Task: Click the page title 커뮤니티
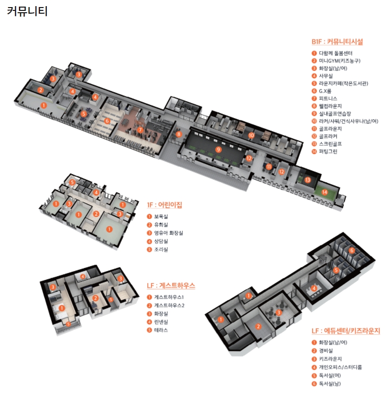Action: tap(27, 11)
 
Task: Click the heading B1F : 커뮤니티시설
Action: tap(337, 42)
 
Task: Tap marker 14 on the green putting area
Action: tap(324, 192)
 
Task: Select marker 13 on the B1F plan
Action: tap(307, 180)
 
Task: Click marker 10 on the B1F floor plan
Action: tap(251, 135)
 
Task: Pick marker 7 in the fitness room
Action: tap(140, 129)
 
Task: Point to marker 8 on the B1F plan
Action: tap(178, 134)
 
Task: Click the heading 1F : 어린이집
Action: tap(164, 205)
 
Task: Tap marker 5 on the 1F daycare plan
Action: tap(72, 182)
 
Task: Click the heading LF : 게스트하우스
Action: tap(171, 286)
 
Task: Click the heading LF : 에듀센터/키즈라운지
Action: tap(346, 331)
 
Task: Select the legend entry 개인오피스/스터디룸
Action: tap(340, 367)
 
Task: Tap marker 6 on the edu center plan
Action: tap(352, 250)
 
